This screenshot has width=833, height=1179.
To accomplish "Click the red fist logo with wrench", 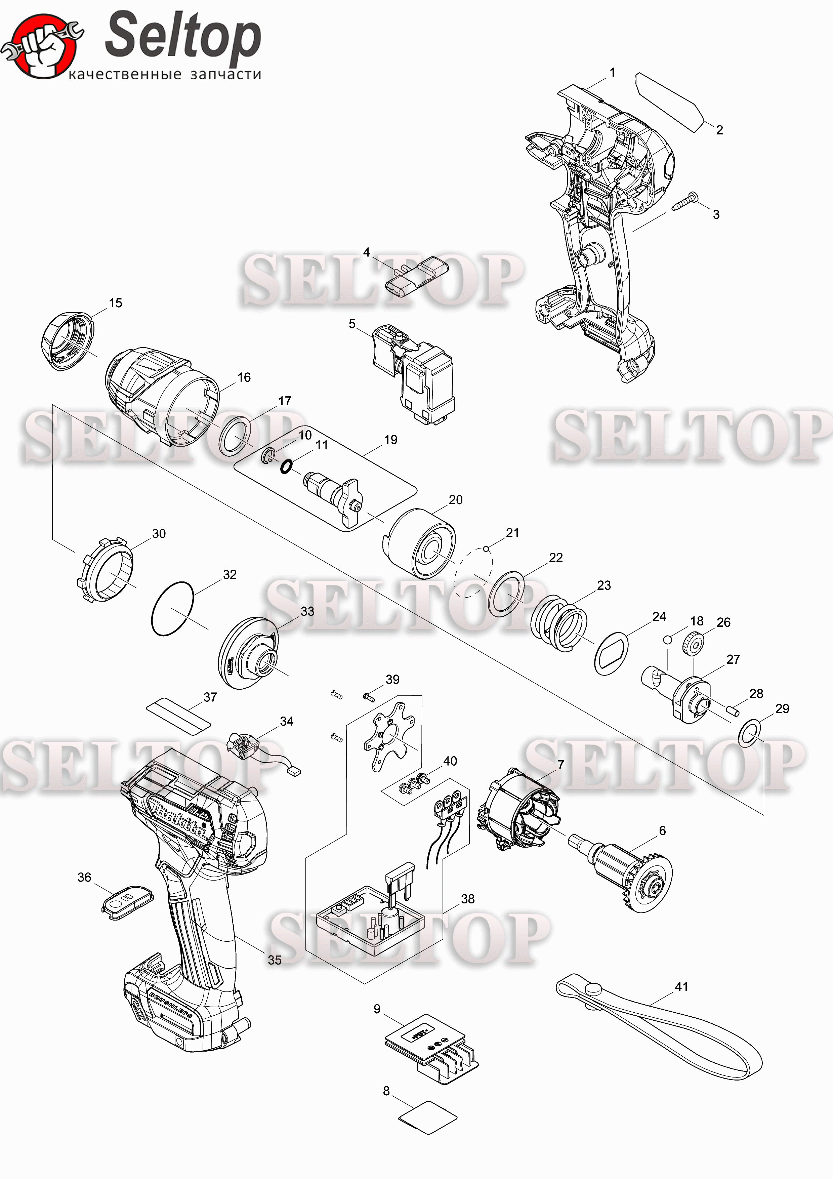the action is click(x=42, y=46).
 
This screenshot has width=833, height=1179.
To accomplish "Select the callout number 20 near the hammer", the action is click(x=455, y=500).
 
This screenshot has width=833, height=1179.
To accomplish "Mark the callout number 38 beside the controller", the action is click(x=467, y=899).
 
